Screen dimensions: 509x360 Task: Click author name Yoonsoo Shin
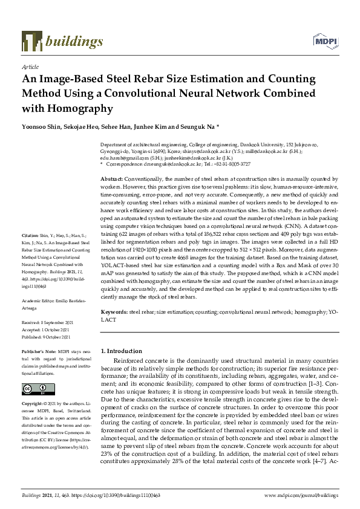[x=40, y=128]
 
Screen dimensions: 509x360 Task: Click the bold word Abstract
[x=111, y=180]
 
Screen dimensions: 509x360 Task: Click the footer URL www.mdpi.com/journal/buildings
[x=302, y=495]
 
